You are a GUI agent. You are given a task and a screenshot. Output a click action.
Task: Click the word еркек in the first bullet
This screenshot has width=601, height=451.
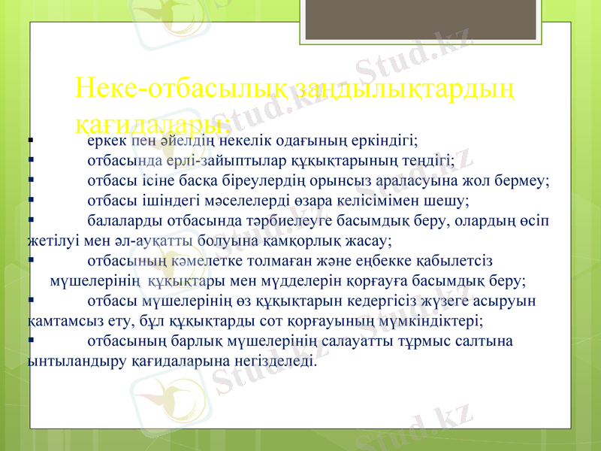[107, 141]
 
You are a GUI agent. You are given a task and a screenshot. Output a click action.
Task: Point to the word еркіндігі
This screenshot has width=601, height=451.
[387, 141]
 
